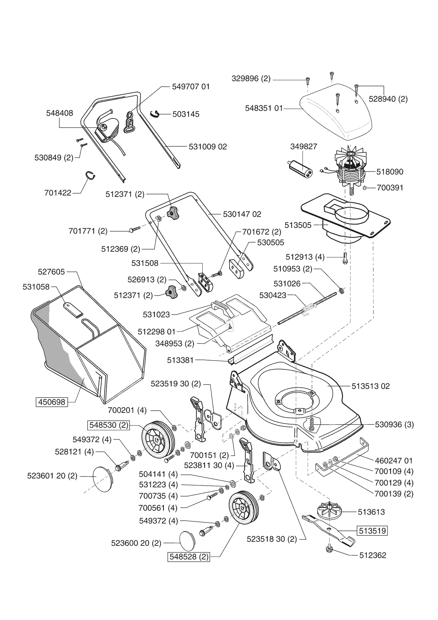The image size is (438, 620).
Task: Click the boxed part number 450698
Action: [52, 402]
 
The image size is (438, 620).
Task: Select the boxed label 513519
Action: [373, 531]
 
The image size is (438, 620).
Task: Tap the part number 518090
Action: [390, 172]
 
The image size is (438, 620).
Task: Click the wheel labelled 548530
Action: [158, 439]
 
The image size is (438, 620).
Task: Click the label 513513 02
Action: [371, 386]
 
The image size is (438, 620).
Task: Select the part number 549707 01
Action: [191, 87]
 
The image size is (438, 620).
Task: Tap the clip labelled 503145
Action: [155, 113]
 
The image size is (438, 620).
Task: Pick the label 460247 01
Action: [393, 461]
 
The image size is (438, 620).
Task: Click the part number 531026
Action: [287, 283]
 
